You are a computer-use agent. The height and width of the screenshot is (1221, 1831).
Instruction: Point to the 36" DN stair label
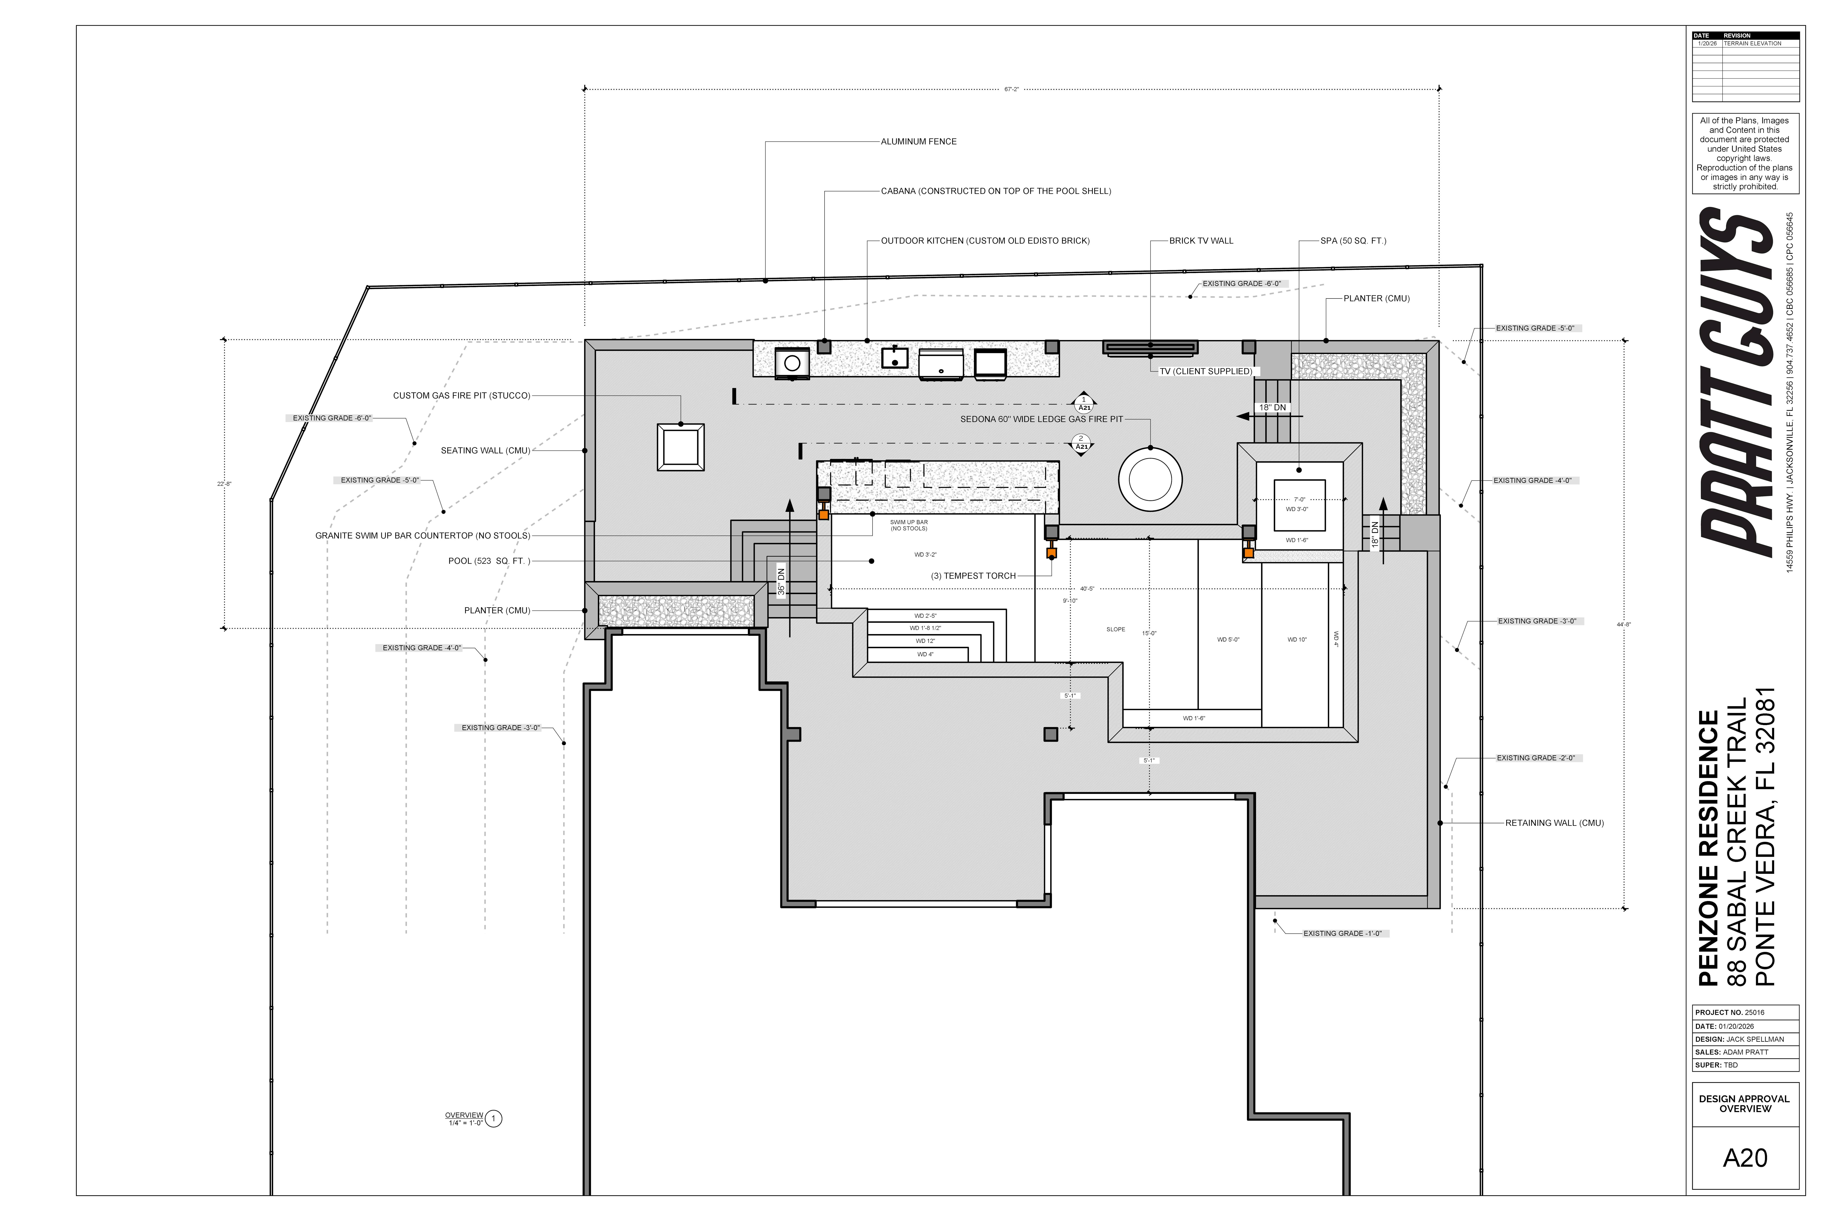pyautogui.click(x=782, y=581)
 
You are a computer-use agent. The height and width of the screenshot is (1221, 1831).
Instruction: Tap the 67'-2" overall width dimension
pyautogui.click(x=1011, y=90)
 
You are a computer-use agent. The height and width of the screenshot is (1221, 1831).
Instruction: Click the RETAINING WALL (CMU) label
pyautogui.click(x=1554, y=823)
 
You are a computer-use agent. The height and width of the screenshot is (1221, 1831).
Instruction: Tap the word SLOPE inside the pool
pyautogui.click(x=1116, y=629)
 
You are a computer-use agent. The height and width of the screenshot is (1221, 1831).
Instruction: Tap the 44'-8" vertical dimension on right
pyautogui.click(x=1623, y=624)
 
